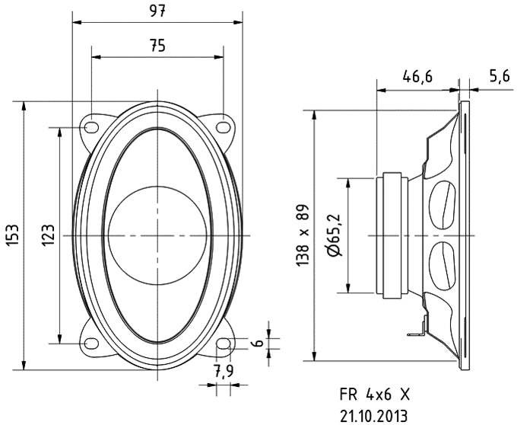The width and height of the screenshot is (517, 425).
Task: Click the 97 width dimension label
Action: pyautogui.click(x=157, y=11)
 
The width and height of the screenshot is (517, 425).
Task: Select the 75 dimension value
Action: pyautogui.click(x=157, y=46)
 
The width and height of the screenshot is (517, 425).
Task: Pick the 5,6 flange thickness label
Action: pyautogui.click(x=499, y=76)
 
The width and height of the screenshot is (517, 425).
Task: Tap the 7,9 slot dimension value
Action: pyautogui.click(x=223, y=372)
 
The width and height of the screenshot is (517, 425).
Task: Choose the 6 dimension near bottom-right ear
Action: pyautogui.click(x=259, y=344)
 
